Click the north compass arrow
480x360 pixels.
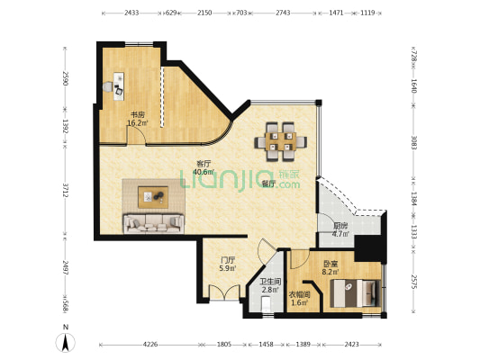point(65,343)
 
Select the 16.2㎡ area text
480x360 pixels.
point(138,123)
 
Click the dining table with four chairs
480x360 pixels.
point(280,141)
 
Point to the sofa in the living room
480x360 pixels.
point(154,223)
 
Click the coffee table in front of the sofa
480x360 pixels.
point(153,197)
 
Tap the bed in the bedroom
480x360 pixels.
point(356,293)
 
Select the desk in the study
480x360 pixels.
point(119,86)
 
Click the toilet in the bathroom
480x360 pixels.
point(266,303)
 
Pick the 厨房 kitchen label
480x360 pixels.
point(340,226)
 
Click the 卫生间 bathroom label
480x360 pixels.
point(270,282)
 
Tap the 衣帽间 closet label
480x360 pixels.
point(300,295)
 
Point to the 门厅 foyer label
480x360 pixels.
point(228,260)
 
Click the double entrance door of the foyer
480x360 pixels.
point(224,292)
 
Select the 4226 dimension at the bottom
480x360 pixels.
point(150,345)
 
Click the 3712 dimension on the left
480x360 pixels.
point(65,191)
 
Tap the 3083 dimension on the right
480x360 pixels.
point(414,143)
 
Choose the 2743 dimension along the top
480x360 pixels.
point(283,13)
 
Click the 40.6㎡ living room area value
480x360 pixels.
point(204,172)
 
